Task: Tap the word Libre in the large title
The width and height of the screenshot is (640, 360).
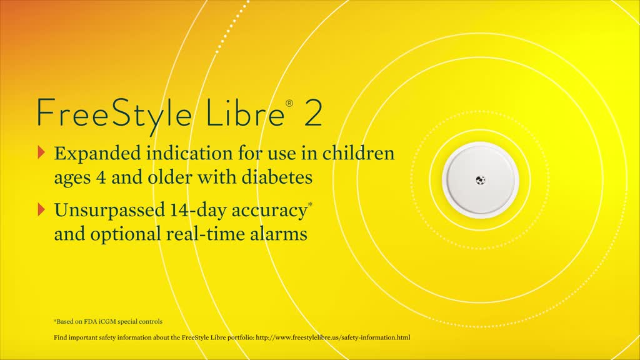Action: [245, 112]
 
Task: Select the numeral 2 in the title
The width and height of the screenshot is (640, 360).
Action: [313, 113]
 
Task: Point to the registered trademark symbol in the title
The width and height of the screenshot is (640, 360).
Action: [289, 103]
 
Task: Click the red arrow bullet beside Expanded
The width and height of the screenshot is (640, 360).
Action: [41, 152]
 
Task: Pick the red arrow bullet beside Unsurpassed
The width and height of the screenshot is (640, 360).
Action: [41, 209]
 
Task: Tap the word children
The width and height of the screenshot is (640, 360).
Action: [358, 153]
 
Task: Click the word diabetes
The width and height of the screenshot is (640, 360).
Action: [277, 177]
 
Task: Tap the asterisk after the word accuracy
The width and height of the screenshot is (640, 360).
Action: [310, 204]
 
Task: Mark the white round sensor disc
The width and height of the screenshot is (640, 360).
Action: [481, 180]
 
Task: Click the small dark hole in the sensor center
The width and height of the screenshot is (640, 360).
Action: [481, 179]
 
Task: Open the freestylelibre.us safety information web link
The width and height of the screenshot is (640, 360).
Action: [333, 337]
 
